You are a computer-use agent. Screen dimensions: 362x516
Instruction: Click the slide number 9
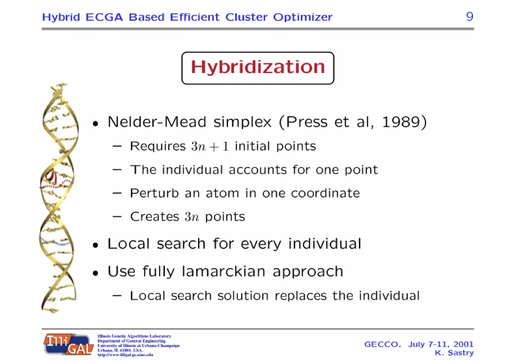469,17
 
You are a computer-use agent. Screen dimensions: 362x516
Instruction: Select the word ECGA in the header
104,17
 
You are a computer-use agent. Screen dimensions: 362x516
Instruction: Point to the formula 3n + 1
210,147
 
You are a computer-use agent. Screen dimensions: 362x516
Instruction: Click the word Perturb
154,193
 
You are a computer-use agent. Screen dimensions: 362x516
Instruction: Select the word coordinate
325,193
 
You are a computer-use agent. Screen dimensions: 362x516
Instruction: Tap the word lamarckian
223,271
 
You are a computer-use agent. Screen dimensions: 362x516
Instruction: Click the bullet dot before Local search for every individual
95,245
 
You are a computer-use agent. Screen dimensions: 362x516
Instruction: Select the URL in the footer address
125,355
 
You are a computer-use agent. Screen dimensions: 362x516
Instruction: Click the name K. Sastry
454,353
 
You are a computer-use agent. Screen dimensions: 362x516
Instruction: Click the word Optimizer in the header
303,17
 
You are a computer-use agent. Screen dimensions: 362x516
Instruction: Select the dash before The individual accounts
117,170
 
